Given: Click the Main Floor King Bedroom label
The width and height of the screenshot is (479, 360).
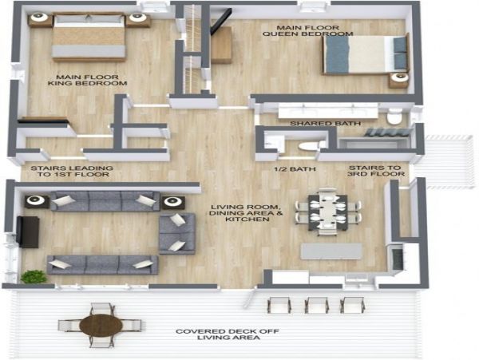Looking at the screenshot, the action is [x=87, y=80].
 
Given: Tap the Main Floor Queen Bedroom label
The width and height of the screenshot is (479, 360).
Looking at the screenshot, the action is [x=307, y=30].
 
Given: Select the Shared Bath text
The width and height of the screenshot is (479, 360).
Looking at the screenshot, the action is [x=325, y=124].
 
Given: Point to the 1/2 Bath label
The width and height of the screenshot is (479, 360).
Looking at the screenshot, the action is [x=295, y=169].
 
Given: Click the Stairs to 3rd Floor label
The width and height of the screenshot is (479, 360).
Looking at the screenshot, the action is [x=376, y=171].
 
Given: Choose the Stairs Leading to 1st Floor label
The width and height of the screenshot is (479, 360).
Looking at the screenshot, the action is [x=72, y=172].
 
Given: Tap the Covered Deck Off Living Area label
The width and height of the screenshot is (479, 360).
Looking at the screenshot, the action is [x=228, y=334].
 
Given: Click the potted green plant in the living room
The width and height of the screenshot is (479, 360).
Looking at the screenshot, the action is [x=34, y=276].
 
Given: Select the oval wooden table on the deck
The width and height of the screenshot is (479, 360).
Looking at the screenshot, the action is [x=101, y=326].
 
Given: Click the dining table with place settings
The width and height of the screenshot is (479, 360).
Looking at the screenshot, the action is [x=328, y=212].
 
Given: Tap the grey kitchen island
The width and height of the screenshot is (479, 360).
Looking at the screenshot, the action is [x=331, y=251].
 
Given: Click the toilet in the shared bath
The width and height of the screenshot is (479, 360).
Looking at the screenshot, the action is [x=394, y=117].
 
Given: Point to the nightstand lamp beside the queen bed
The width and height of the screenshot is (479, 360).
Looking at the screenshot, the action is [x=400, y=77].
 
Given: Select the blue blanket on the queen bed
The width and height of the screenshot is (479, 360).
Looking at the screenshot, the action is [x=337, y=55].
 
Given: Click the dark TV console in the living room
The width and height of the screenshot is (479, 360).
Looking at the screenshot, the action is [x=28, y=231].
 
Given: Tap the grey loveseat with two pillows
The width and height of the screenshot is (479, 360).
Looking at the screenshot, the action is [x=177, y=234].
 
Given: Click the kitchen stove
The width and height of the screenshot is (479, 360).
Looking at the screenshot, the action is [x=397, y=259].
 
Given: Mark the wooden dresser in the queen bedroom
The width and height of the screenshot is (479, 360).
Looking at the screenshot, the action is [x=221, y=45].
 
